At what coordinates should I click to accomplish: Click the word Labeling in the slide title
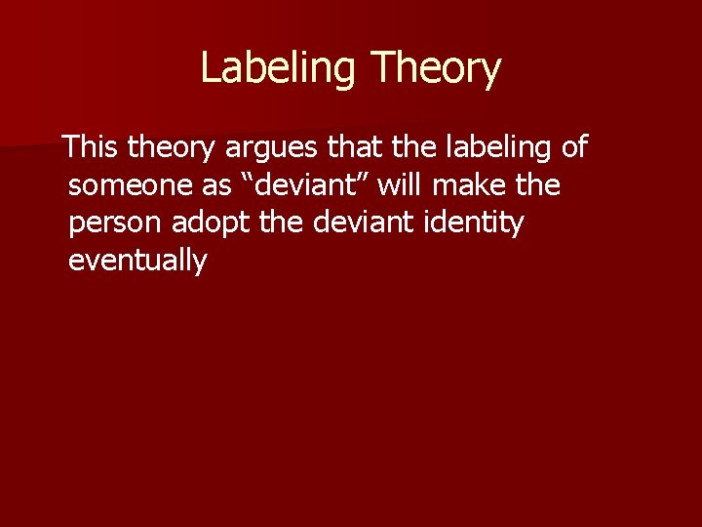click(279, 68)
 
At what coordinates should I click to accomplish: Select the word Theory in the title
click(436, 68)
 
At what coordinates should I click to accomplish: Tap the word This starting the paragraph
click(93, 148)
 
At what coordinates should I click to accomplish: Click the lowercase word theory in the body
click(174, 148)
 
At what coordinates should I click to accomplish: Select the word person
click(116, 223)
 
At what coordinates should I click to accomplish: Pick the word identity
click(475, 223)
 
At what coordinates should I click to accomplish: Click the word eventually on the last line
click(138, 261)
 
